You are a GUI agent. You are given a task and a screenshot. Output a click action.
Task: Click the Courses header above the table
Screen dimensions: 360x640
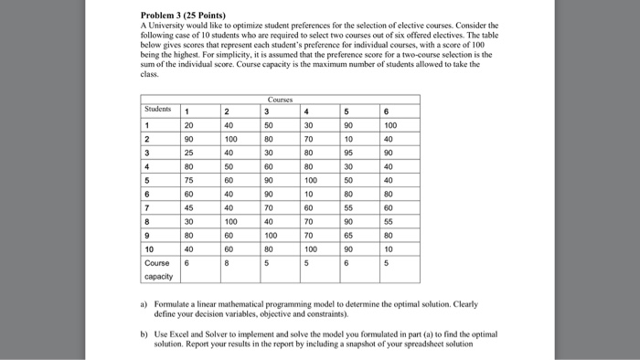[280, 101]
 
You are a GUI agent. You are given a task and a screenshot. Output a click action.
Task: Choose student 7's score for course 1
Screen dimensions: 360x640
[187, 207]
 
